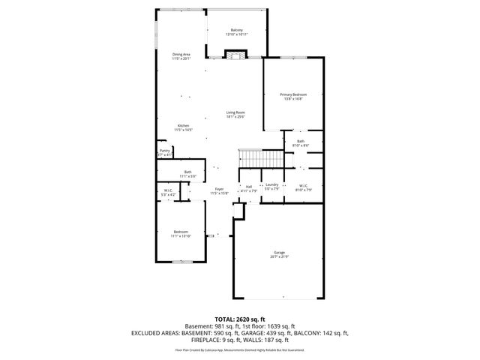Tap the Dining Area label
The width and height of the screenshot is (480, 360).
click(x=181, y=54)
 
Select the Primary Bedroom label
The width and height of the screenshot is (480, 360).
click(x=291, y=94)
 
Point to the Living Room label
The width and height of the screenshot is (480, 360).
click(x=235, y=112)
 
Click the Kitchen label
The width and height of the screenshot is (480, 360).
click(x=183, y=125)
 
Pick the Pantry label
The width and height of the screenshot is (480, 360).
click(x=165, y=151)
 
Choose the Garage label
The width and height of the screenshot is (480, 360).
click(x=279, y=253)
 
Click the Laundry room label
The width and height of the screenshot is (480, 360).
click(x=271, y=184)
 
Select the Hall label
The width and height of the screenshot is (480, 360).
click(x=248, y=187)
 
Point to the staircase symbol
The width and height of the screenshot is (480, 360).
click(x=259, y=159)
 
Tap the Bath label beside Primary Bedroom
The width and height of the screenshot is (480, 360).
click(x=300, y=141)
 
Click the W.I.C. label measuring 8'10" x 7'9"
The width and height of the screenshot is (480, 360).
click(x=304, y=186)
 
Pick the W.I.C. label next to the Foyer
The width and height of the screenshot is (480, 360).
click(x=169, y=190)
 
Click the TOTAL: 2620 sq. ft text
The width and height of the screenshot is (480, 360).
click(x=240, y=319)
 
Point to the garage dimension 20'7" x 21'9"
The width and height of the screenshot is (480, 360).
click(x=279, y=256)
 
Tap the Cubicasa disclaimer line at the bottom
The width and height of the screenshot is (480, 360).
click(x=240, y=349)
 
